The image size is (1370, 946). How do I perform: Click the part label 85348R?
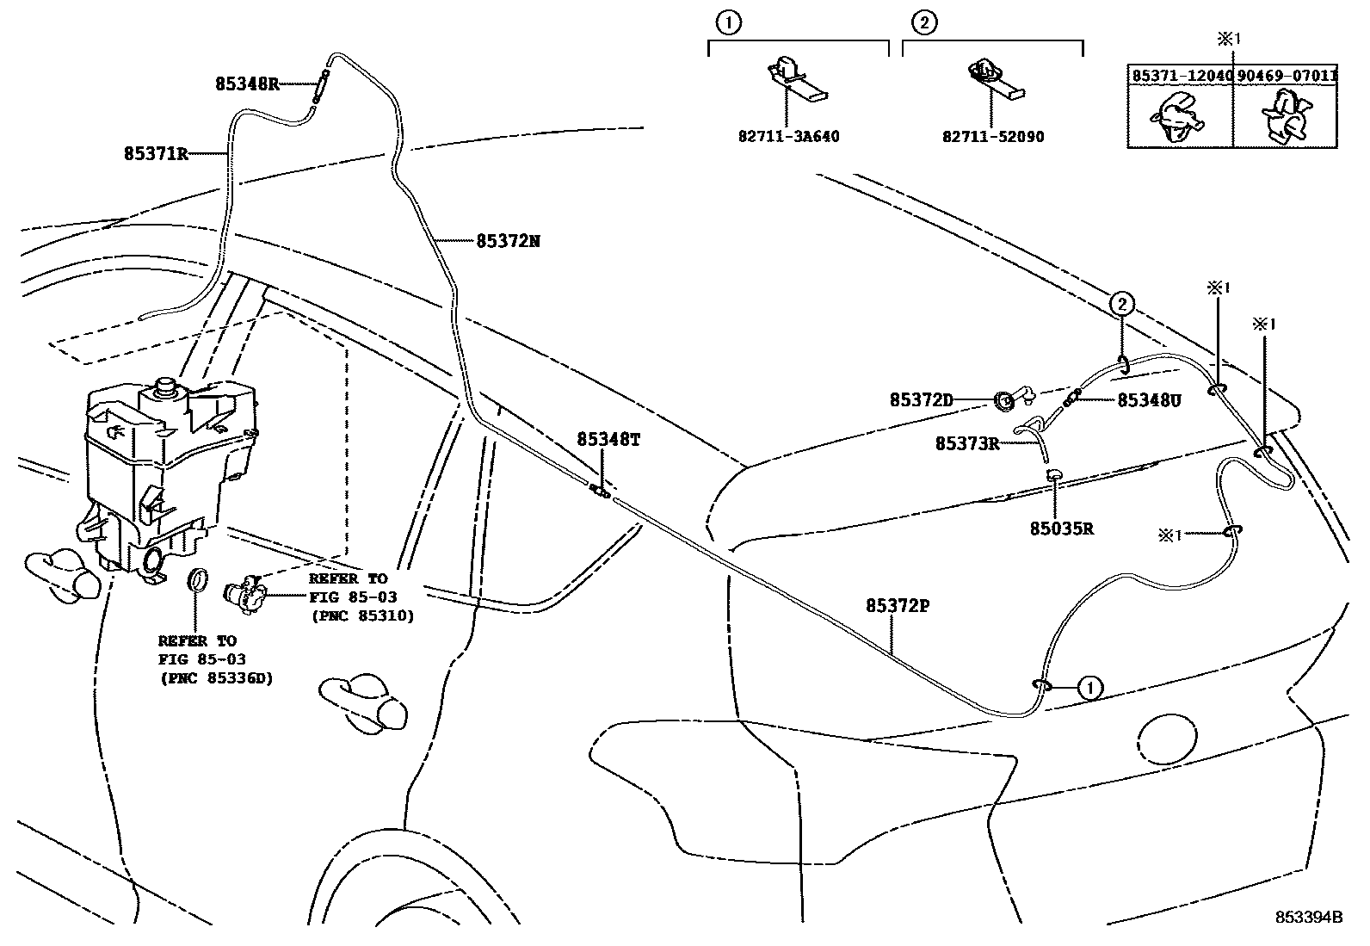click(246, 84)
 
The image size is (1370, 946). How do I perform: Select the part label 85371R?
click(155, 154)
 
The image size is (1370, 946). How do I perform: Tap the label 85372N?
click(508, 241)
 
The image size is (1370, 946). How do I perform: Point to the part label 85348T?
click(608, 440)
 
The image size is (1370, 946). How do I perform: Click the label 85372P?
click(898, 606)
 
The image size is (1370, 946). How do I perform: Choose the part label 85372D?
click(921, 400)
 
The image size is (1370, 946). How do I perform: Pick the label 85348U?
click(1150, 400)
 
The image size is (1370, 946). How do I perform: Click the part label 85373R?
click(967, 444)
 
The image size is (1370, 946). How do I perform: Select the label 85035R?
click(1061, 529)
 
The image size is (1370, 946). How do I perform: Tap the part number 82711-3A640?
click(788, 137)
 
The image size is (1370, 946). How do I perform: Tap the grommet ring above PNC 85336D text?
click(197, 581)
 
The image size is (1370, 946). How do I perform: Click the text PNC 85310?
click(361, 616)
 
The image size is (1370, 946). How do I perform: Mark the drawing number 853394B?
click(1308, 917)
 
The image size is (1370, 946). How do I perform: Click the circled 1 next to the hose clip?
click(1089, 688)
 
